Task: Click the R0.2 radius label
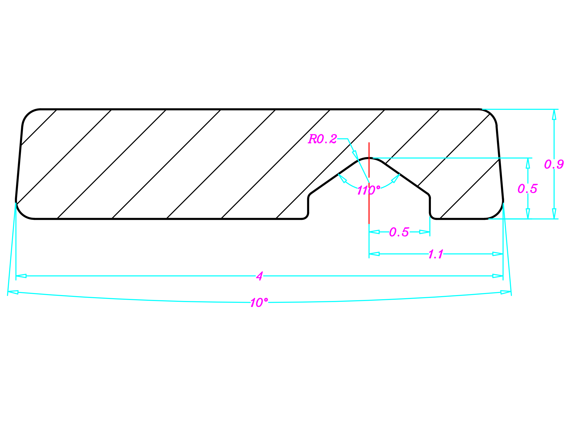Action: pyautogui.click(x=322, y=139)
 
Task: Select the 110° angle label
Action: pyautogui.click(x=368, y=190)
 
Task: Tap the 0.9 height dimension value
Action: pyautogui.click(x=554, y=164)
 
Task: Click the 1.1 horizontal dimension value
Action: pyautogui.click(x=436, y=254)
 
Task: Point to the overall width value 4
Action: pyautogui.click(x=260, y=276)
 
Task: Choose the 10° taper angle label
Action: pyautogui.click(x=259, y=303)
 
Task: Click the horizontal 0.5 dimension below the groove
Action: pyautogui.click(x=399, y=232)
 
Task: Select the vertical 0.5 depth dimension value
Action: pyautogui.click(x=527, y=189)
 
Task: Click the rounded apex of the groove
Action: pyautogui.click(x=369, y=158)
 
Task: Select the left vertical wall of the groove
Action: pyautogui.click(x=308, y=206)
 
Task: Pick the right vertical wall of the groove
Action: pyautogui.click(x=430, y=206)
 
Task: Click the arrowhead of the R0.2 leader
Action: pyautogui.click(x=355, y=154)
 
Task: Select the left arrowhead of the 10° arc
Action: pyautogui.click(x=13, y=292)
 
